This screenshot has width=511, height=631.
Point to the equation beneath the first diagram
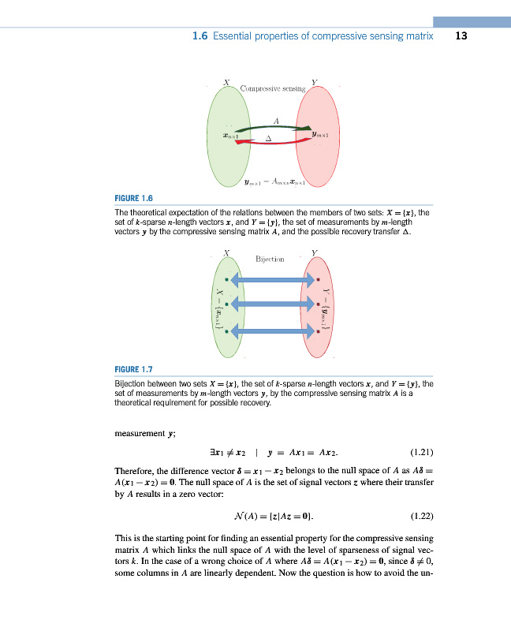[x=275, y=181]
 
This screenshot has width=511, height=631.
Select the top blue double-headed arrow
[x=271, y=279]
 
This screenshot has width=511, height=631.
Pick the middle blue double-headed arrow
[x=271, y=304]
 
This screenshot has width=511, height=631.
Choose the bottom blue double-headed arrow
[x=271, y=332]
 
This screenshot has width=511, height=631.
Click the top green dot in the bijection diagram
[x=226, y=279]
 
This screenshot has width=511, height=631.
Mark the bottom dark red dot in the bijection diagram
[x=318, y=332]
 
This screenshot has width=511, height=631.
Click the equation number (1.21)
[x=427, y=454]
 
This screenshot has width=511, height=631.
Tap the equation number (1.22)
[x=427, y=517]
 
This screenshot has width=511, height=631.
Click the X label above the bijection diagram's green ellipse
[x=227, y=252]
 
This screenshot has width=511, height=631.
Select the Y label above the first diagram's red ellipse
[x=314, y=81]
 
